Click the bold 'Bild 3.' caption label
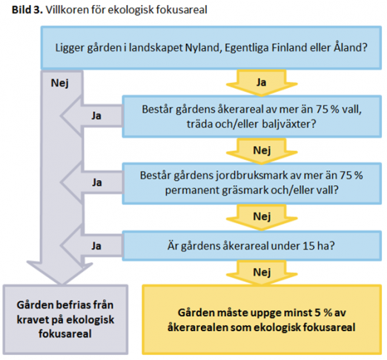point(27,10)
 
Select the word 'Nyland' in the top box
point(202,47)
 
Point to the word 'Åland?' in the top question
point(351,47)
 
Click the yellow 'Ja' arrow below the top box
point(262,82)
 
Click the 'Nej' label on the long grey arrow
point(59,83)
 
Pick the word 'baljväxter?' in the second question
point(289,124)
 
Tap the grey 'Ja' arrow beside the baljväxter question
point(91,116)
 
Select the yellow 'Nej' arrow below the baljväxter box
point(262,150)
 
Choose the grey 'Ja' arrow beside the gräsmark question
point(91,183)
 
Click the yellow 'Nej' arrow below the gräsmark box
point(262,217)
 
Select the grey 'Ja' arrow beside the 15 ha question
point(91,246)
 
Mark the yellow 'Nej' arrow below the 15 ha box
point(262,273)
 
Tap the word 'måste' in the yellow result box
point(220,313)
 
